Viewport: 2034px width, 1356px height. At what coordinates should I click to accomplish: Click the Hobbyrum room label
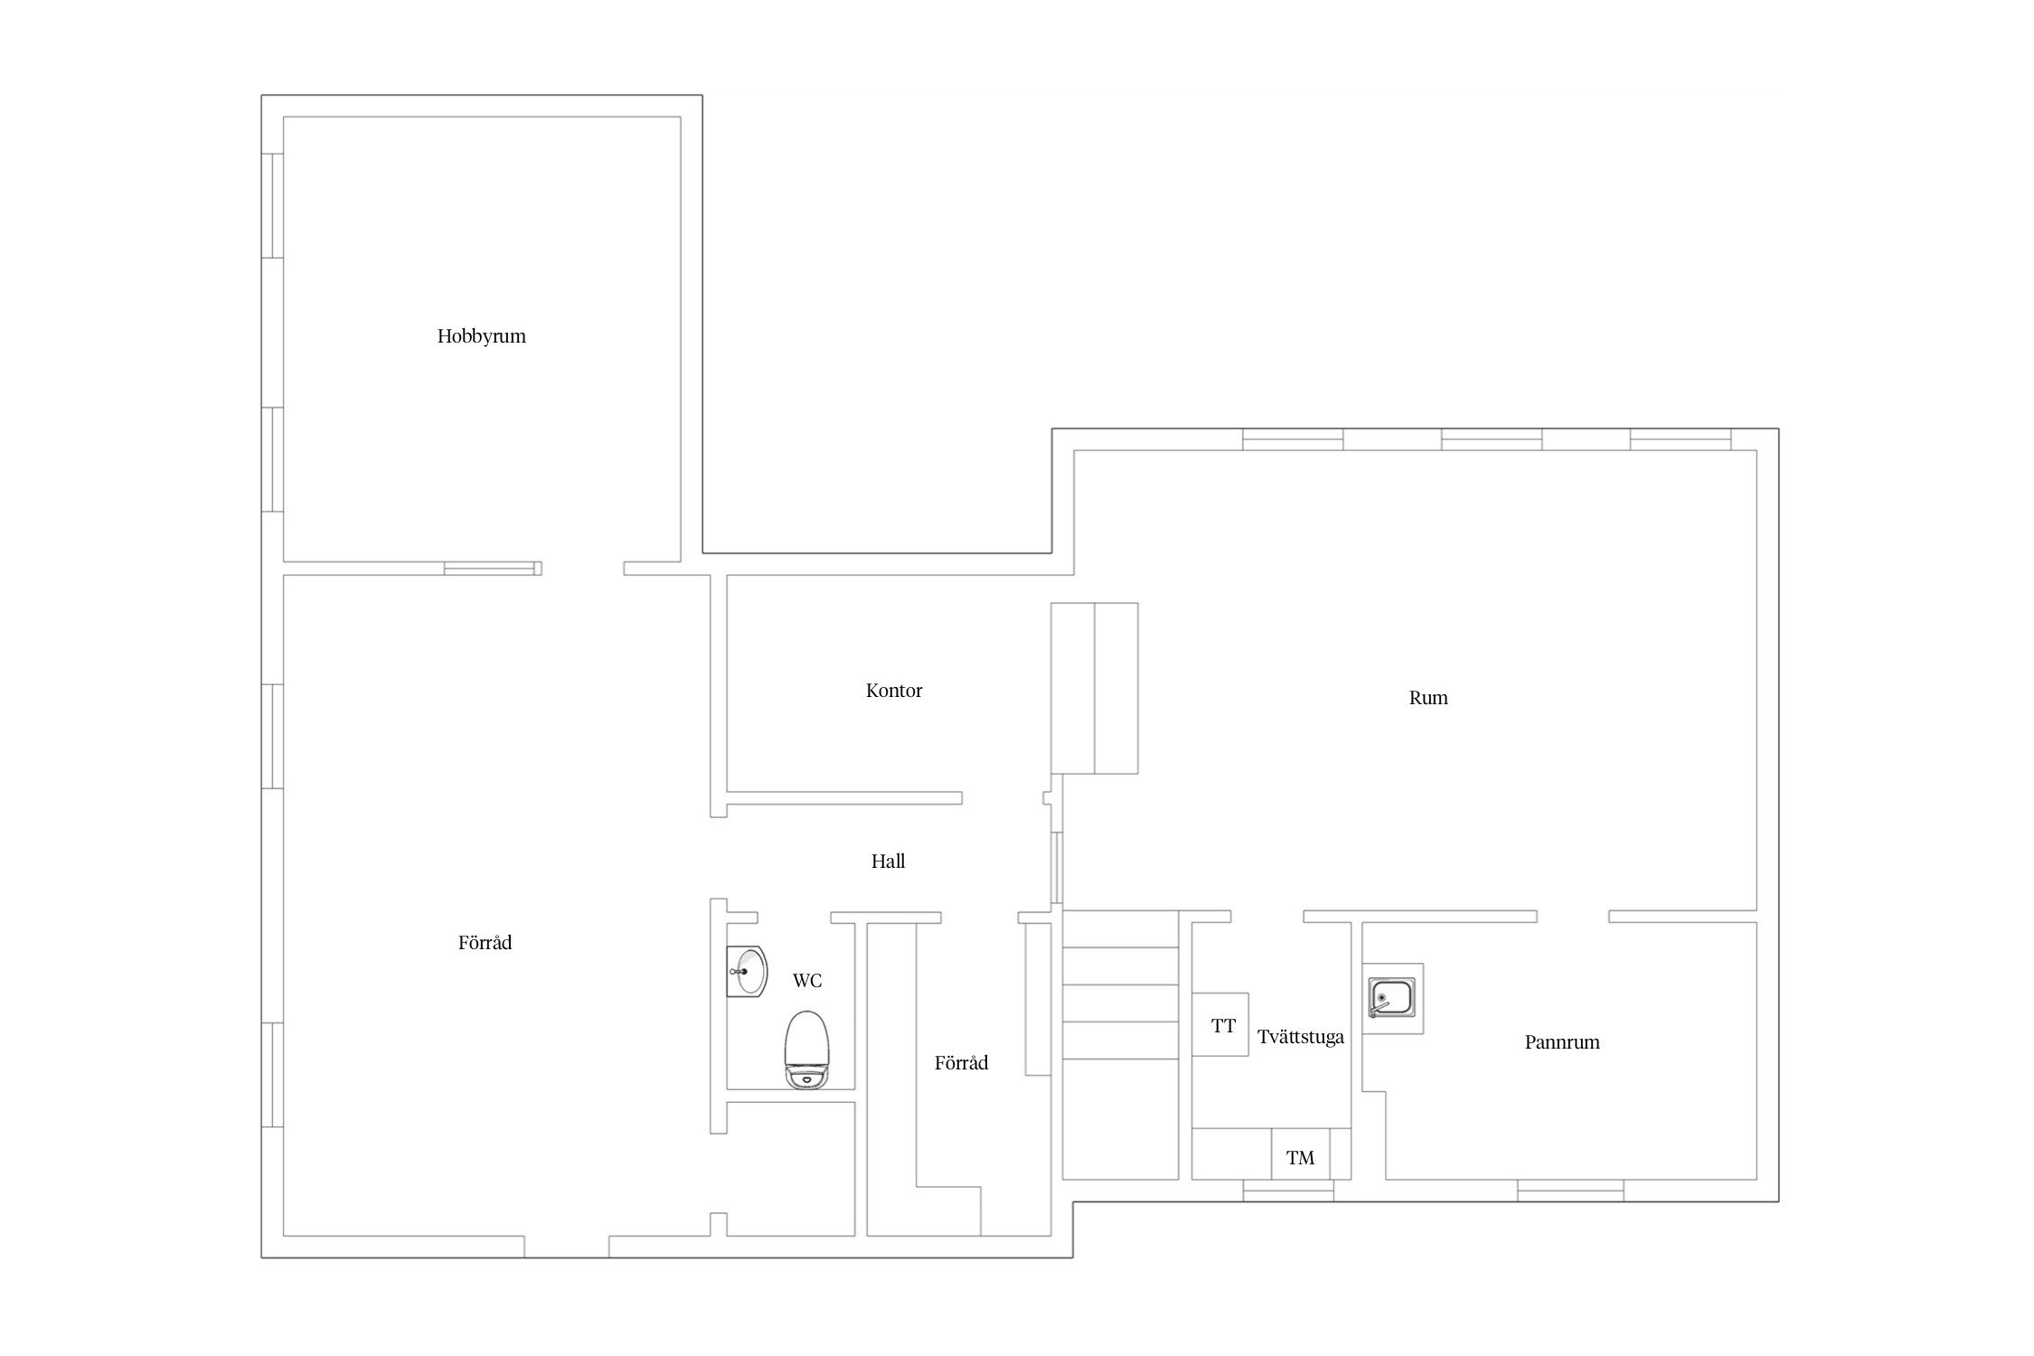(481, 336)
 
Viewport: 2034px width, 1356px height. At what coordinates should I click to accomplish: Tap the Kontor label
(894, 691)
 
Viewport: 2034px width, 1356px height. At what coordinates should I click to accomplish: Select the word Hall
(888, 862)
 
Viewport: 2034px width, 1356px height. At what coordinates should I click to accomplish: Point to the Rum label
(1428, 698)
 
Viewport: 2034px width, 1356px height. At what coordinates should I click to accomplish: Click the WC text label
(807, 981)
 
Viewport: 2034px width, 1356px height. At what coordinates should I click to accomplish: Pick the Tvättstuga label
(1300, 1038)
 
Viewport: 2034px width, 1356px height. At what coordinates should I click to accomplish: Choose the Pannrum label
(1562, 1042)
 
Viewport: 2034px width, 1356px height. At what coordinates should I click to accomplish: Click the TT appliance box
(1220, 1024)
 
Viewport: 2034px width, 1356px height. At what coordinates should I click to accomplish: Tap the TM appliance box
(1301, 1154)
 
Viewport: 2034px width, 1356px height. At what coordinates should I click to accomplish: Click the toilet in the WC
(805, 1050)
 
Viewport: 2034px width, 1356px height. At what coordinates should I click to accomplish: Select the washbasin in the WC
(746, 972)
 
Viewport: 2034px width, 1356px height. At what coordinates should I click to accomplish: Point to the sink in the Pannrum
(1393, 999)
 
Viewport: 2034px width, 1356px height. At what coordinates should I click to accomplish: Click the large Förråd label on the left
(485, 943)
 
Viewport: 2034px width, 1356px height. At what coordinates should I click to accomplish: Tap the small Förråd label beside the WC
(961, 1063)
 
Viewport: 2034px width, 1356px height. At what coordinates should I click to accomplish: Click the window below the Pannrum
(1570, 1191)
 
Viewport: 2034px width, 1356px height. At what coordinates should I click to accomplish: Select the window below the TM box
(1288, 1191)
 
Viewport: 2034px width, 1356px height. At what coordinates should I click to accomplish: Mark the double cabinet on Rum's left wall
(1094, 688)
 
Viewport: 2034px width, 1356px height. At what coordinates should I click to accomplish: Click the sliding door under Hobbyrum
(493, 569)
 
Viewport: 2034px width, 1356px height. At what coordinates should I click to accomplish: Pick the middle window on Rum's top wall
(1492, 439)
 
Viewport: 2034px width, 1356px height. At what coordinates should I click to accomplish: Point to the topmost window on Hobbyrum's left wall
(272, 206)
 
